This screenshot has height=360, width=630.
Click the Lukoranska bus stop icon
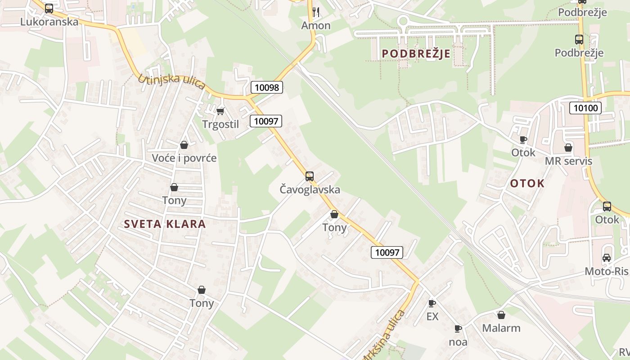(49, 8)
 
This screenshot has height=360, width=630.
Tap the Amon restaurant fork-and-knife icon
(316, 12)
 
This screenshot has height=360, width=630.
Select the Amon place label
(316, 26)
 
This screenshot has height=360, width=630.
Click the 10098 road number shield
(267, 87)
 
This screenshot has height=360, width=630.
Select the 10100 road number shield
(585, 108)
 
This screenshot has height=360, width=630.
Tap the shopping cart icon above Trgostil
(220, 111)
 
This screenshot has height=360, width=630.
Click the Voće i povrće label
(184, 158)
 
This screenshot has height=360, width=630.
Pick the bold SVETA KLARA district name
(165, 224)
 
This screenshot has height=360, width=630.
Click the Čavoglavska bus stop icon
(310, 176)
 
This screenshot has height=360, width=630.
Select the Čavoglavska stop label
(310, 189)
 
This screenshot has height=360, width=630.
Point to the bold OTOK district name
(527, 183)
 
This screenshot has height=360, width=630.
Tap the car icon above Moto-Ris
(607, 258)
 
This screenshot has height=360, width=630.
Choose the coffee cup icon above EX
(432, 303)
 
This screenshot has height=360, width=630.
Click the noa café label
(458, 342)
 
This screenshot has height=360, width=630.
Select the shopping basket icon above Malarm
(501, 315)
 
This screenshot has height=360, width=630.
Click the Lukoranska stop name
(49, 22)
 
